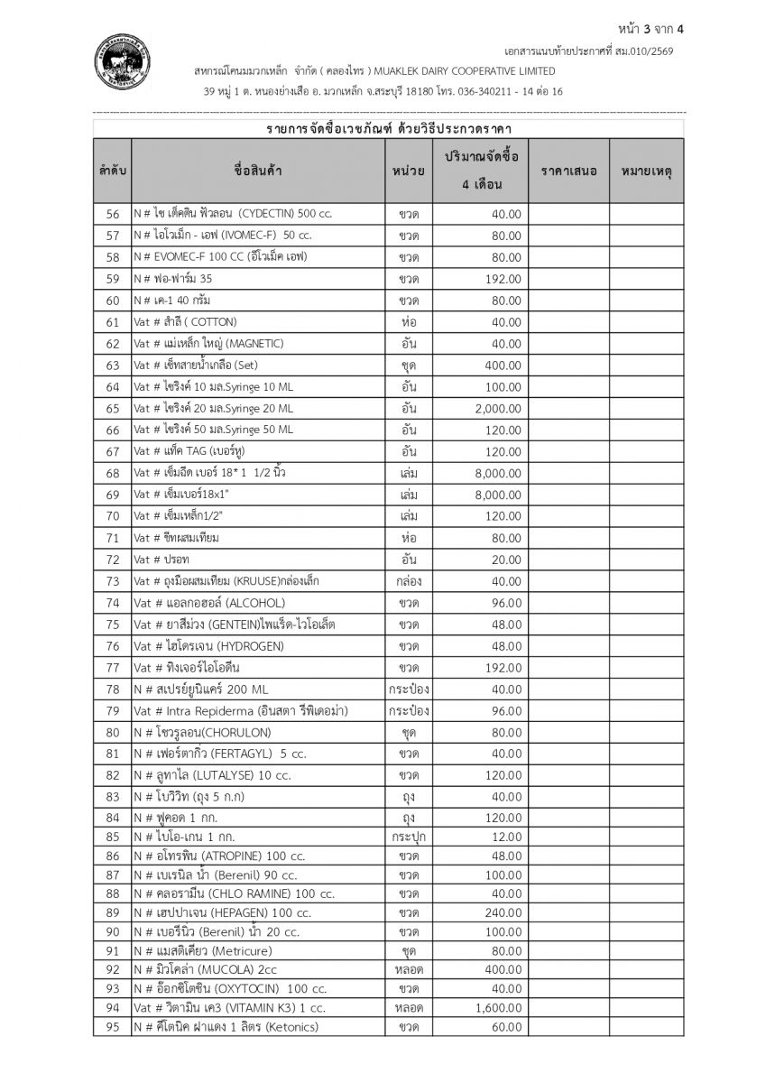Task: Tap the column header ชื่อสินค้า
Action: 258,171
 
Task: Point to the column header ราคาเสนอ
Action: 568,171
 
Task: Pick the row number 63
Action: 113,365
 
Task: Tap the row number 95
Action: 113,1027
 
